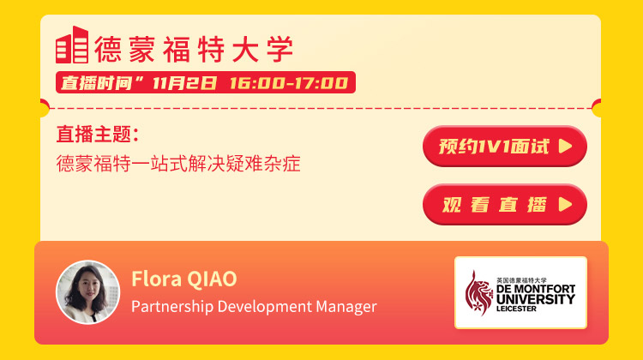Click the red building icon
[x=72, y=45]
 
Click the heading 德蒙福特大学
[x=194, y=49]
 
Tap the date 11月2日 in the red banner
[x=184, y=83]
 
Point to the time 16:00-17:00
[x=289, y=83]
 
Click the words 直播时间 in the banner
[x=96, y=83]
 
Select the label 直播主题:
[x=98, y=134]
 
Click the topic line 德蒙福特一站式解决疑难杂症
[x=178, y=163]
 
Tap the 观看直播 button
[x=505, y=204]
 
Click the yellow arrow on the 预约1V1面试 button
[x=565, y=146]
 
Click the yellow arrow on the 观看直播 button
[x=565, y=204]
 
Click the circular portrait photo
[x=87, y=292]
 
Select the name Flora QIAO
[x=184, y=279]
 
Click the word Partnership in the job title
[x=172, y=307]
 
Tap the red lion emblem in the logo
[x=478, y=293]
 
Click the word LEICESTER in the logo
[x=516, y=309]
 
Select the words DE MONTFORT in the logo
[x=536, y=289]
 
